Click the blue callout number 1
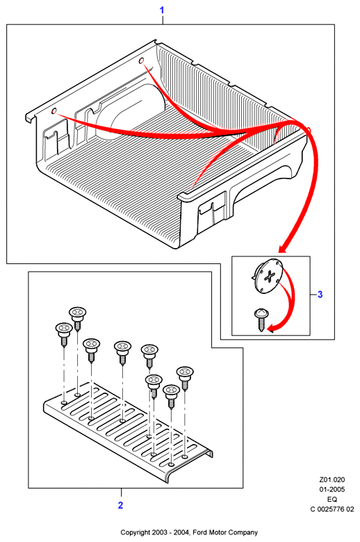coord(161,10)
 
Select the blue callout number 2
coord(120,505)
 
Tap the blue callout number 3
coord(320,295)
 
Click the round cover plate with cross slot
coord(268,277)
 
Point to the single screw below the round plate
coord(260,319)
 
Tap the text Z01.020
coord(332,479)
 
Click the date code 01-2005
coord(332,489)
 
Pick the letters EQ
coord(332,499)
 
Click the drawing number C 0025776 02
coord(332,509)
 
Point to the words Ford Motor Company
coord(225,532)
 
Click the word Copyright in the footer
coord(136,533)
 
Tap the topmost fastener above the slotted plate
coord(77,318)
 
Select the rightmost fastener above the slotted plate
coord(185,378)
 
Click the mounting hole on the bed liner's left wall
coord(54,111)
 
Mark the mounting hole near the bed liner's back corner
coord(141,61)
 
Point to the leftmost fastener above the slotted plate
coord(64,334)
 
